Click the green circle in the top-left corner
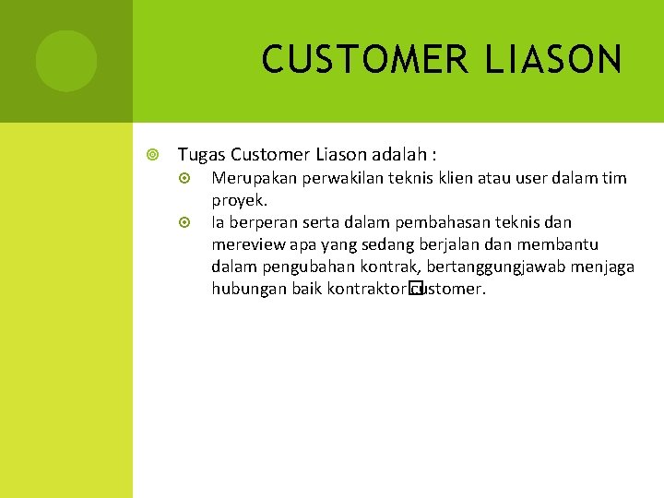click(x=66, y=61)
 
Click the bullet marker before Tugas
click(x=153, y=154)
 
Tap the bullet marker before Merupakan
click(x=184, y=179)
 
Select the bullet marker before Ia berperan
click(x=184, y=223)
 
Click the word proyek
click(x=240, y=200)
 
